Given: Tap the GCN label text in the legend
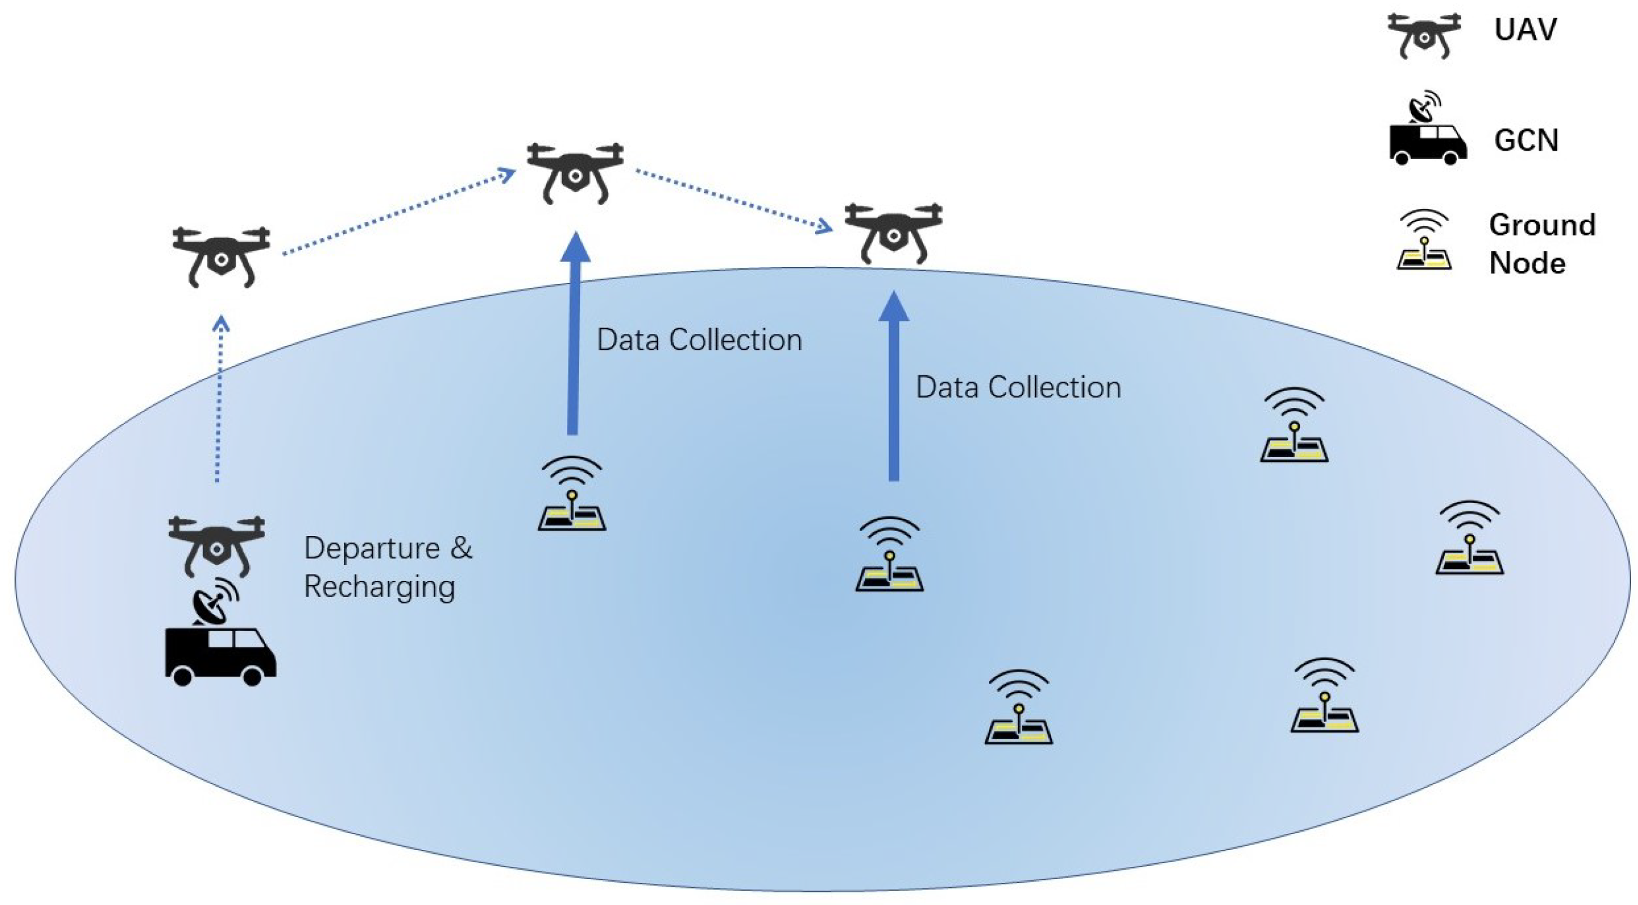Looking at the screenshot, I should point(1526,140).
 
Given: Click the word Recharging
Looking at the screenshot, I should point(380,587).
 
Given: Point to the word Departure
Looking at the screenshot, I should point(372,548).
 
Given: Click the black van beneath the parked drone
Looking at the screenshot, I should point(220,655).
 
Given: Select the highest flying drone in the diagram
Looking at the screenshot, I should point(575,172).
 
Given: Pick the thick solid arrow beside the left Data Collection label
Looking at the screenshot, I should point(574,337).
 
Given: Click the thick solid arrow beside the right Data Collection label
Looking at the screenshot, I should point(893,388).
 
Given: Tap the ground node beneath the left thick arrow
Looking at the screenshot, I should point(572,496).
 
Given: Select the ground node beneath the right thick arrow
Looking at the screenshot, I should point(890,556).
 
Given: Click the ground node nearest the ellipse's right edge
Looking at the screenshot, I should point(1470,540).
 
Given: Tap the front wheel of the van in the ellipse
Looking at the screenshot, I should point(252,675).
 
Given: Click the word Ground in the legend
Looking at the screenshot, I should point(1542,225).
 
